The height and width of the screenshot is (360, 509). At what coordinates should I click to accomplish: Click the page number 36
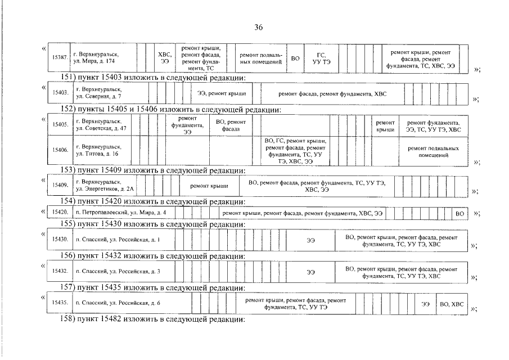(x=258, y=27)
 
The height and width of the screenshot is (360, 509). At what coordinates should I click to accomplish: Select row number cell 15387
(x=60, y=57)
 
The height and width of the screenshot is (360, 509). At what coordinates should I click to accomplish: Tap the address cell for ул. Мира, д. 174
(x=103, y=57)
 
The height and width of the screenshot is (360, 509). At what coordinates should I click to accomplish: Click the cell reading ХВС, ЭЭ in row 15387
(x=165, y=58)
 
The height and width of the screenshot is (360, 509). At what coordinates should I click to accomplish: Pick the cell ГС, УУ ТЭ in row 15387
(x=321, y=58)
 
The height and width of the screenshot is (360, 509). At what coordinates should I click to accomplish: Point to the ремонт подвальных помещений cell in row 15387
(x=261, y=58)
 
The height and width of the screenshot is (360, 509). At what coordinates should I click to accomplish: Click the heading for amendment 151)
(x=153, y=78)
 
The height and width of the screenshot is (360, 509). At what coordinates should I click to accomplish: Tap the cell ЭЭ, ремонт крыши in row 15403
(x=222, y=93)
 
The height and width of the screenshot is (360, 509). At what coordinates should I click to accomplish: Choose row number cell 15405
(x=60, y=124)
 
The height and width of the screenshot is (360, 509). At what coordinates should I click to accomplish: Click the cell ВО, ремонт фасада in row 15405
(x=231, y=125)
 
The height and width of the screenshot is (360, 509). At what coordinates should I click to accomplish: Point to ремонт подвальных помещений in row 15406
(x=434, y=152)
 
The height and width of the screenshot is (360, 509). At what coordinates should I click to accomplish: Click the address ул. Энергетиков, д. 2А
(x=105, y=186)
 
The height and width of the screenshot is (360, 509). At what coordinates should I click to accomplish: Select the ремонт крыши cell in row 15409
(x=209, y=186)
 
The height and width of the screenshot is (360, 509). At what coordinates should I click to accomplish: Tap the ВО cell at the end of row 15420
(x=460, y=214)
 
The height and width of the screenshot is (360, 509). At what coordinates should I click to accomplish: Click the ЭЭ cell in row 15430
(x=310, y=241)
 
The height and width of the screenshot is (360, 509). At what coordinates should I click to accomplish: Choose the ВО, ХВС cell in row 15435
(x=452, y=304)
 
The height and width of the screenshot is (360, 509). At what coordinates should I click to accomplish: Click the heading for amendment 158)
(x=152, y=319)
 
